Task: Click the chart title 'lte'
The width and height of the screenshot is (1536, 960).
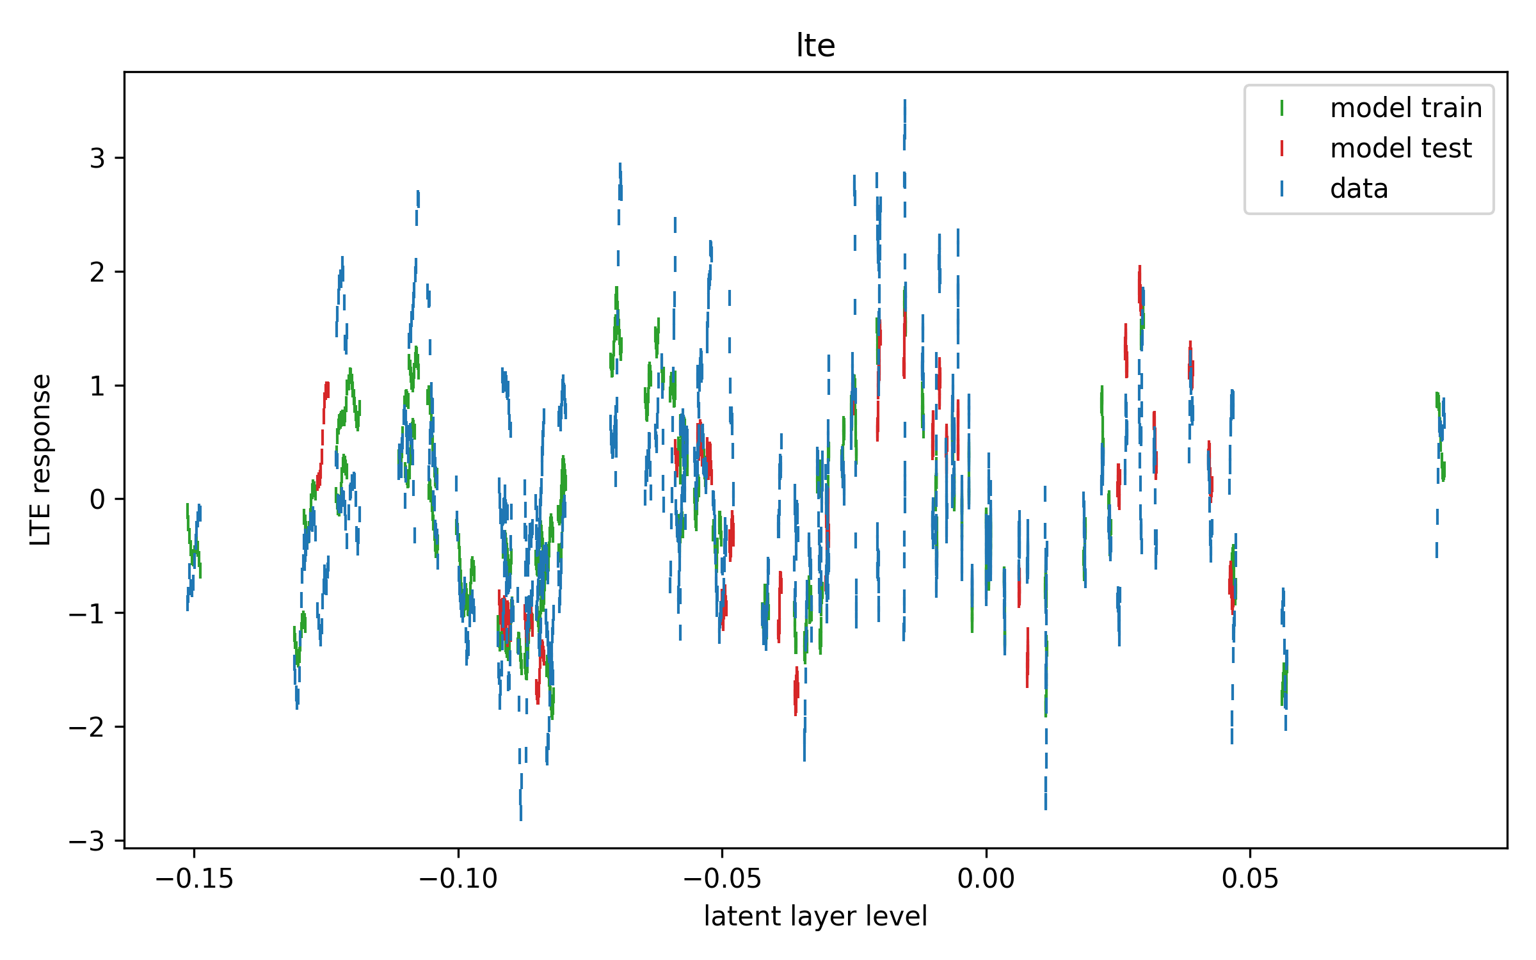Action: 815,45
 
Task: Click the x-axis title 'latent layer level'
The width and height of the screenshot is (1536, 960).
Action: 815,916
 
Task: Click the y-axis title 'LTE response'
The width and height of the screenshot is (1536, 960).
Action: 41,460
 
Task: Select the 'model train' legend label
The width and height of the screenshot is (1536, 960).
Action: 1406,108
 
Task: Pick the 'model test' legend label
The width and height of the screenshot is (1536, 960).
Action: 1400,148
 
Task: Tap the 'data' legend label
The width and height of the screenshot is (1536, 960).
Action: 1359,189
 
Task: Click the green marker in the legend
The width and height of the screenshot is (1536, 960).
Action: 1282,108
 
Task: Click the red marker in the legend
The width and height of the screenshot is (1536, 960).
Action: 1282,148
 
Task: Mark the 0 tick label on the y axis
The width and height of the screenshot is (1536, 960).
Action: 97,499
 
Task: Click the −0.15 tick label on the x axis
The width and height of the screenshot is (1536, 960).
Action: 194,879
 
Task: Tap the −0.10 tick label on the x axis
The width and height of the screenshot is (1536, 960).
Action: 458,879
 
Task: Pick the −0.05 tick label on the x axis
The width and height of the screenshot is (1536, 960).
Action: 722,879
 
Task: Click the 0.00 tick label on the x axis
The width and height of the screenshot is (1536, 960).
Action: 986,879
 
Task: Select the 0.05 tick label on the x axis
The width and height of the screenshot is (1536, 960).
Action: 1250,879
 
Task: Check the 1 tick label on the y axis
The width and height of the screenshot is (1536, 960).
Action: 97,386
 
